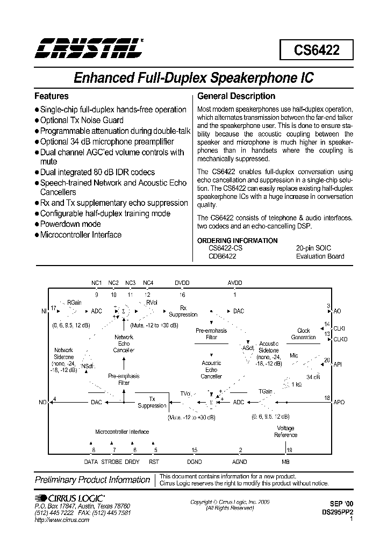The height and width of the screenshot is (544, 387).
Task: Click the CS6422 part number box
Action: point(316,51)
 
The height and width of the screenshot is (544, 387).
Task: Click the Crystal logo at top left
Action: point(88,48)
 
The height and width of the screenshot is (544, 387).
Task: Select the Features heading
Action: point(52,96)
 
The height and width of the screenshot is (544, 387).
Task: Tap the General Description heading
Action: point(236,96)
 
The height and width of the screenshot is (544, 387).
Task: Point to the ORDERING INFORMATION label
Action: point(230,240)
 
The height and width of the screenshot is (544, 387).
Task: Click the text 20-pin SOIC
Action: point(313,248)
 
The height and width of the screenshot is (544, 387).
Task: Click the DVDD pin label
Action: point(182,283)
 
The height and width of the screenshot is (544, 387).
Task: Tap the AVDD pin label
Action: point(235,283)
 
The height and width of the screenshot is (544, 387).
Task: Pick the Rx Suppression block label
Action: point(183,311)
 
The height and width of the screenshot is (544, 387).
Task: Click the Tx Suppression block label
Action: point(152,402)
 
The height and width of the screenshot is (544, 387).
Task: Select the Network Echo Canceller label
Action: point(124,343)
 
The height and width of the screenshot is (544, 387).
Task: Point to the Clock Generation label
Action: point(304,334)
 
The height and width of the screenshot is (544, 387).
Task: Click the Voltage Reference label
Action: point(285,432)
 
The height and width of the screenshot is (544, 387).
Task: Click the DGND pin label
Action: point(194,462)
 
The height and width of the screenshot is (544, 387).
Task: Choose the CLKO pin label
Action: point(341,340)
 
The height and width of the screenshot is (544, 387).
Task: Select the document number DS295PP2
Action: point(337,513)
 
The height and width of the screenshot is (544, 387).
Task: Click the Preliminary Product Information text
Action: point(92,480)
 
